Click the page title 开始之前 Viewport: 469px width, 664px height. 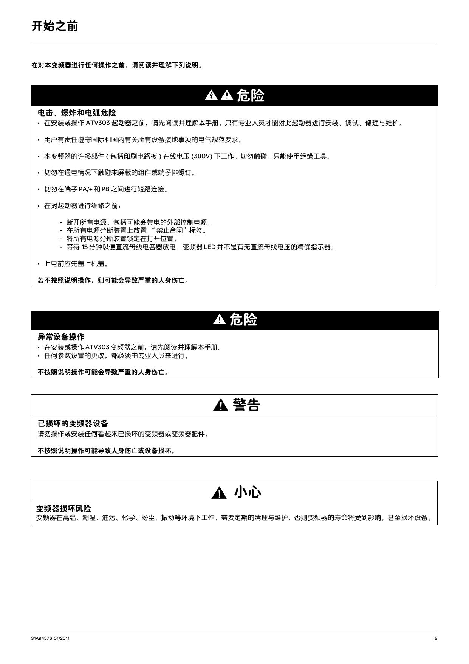click(54, 26)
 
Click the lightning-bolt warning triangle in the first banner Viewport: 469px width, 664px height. click(211, 95)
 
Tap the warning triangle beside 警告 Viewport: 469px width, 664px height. click(220, 406)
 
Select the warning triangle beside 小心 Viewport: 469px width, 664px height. click(219, 493)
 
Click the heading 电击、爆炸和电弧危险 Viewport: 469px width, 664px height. click(77, 113)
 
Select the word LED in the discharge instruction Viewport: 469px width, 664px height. click(209, 247)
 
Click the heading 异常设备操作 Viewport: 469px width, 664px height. click(61, 337)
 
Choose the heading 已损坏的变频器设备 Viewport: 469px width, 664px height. click(73, 423)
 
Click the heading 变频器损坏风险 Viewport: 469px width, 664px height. click(63, 508)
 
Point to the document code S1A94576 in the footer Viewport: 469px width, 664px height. click(42, 638)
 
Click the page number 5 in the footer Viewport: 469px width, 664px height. click(436, 638)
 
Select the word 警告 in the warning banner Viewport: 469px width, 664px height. click(247, 405)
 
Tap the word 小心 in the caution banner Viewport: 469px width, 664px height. click(248, 492)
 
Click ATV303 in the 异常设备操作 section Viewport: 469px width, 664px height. click(98, 347)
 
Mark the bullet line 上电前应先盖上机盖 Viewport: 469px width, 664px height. click(76, 264)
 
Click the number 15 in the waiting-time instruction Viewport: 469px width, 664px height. click(85, 247)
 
